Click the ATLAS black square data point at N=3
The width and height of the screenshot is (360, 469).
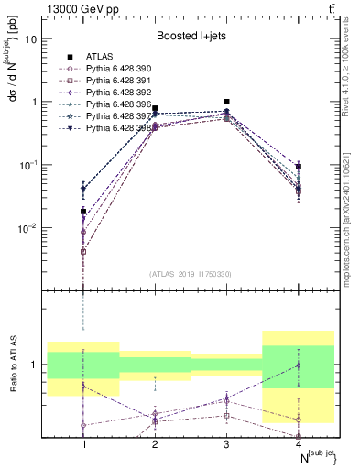point(226,102)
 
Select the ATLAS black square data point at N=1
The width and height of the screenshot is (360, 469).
point(83,212)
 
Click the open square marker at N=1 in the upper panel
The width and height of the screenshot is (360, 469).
point(83,251)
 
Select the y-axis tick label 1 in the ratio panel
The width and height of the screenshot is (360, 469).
point(35,365)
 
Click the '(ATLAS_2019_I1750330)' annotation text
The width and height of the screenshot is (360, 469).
point(191,274)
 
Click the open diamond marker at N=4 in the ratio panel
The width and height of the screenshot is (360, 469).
point(298,365)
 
